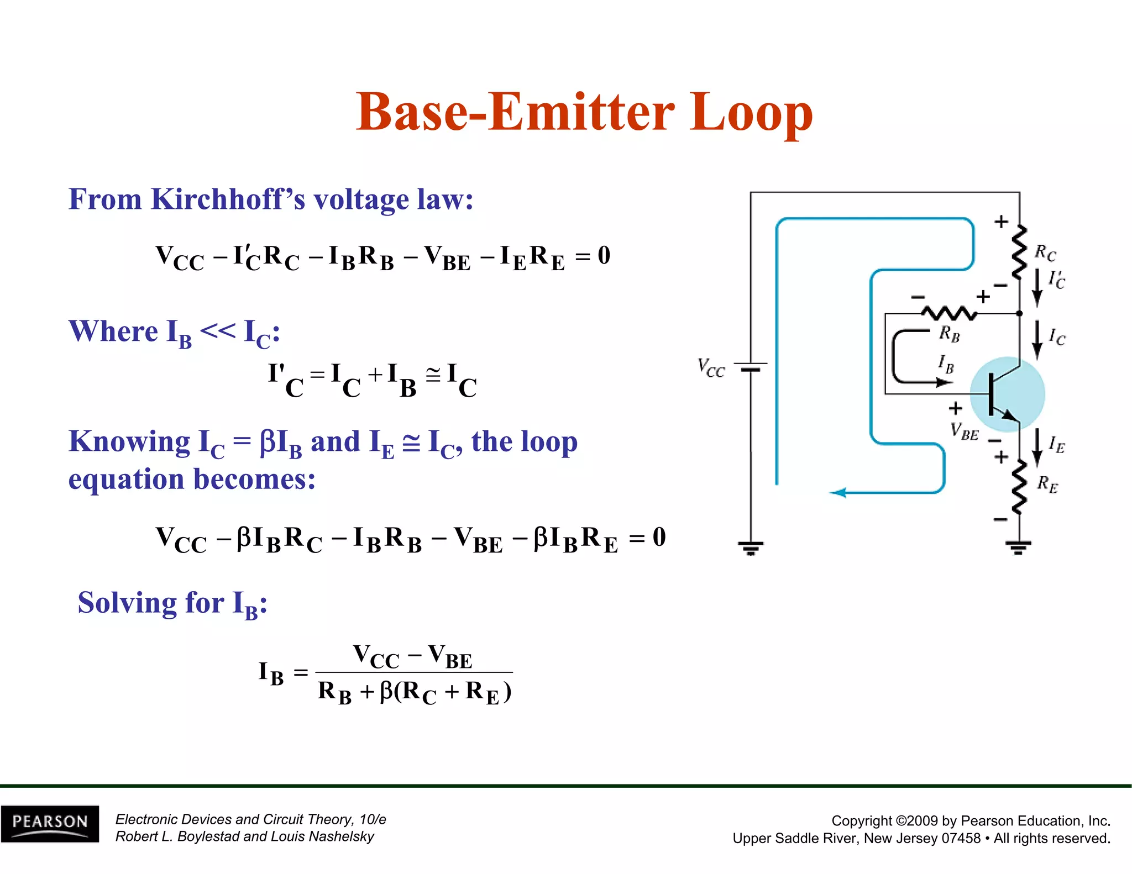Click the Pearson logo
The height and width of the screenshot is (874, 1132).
point(50,823)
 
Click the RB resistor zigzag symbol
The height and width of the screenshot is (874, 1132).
point(949,313)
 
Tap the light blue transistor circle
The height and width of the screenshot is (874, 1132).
point(1008,394)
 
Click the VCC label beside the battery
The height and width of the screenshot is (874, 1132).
point(711,367)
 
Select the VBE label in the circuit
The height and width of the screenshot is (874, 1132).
point(964,431)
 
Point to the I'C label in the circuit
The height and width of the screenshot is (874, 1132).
point(1056,280)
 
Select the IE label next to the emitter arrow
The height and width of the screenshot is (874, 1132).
point(1056,445)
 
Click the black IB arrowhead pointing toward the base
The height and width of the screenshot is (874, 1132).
point(940,382)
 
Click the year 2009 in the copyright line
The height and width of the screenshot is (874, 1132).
point(931,821)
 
